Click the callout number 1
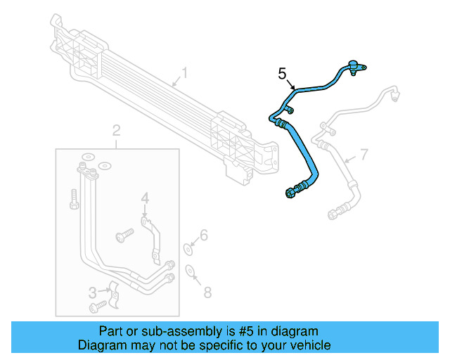[185, 73]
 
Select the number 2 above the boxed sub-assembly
[117, 129]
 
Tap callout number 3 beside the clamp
[92, 292]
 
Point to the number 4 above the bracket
[144, 200]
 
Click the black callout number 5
[283, 74]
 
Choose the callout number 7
[364, 155]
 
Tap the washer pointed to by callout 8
[190, 271]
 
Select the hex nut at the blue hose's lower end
[290, 193]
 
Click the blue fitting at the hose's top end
[355, 67]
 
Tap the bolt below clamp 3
[97, 306]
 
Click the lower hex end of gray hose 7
[333, 212]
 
